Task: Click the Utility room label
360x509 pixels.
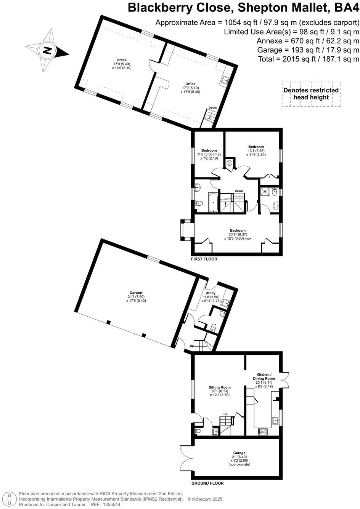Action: [211, 293]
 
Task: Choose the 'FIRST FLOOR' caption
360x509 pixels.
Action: [204, 259]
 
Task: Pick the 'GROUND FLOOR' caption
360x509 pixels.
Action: [207, 483]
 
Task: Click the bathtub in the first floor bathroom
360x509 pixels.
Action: [213, 202]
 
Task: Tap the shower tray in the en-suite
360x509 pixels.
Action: [264, 191]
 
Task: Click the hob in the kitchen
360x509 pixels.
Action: [263, 432]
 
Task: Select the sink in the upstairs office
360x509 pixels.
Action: [225, 80]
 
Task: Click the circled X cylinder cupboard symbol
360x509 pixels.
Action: [230, 163]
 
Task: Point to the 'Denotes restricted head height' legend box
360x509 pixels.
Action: [311, 94]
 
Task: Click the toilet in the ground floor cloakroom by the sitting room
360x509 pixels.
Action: [198, 431]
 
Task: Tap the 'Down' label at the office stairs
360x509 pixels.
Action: [212, 107]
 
